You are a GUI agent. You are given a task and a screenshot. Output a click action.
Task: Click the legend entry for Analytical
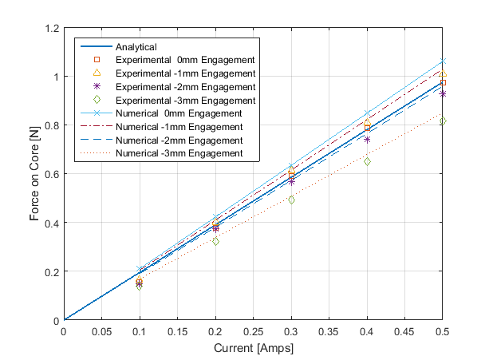pos(136,46)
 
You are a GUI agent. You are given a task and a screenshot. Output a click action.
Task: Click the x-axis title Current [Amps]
pos(254,348)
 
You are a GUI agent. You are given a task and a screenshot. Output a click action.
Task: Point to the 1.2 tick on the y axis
pos(49,29)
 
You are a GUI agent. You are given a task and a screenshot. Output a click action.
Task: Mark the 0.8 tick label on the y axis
pos(49,126)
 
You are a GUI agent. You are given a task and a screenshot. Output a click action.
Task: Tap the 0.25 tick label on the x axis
pos(254,330)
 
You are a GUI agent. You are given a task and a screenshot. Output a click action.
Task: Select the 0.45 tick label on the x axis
pos(405,330)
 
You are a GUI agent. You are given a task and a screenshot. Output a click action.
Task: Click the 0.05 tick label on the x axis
pos(102,330)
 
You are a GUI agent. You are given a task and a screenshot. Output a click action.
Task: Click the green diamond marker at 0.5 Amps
pos(443,121)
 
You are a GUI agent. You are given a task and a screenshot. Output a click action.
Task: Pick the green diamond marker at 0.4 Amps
pos(367,161)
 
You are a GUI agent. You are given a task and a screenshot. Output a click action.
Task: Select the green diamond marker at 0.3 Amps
pos(291,200)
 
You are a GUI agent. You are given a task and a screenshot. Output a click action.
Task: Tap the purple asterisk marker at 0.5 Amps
pos(443,94)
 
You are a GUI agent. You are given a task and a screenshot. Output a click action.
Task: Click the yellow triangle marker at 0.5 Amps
pos(443,73)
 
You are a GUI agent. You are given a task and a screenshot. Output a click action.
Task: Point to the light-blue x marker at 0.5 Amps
pos(443,61)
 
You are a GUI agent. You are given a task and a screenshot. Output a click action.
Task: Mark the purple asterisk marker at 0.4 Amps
pos(367,140)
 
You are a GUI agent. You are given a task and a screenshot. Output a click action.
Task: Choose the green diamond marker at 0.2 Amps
pos(215,241)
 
